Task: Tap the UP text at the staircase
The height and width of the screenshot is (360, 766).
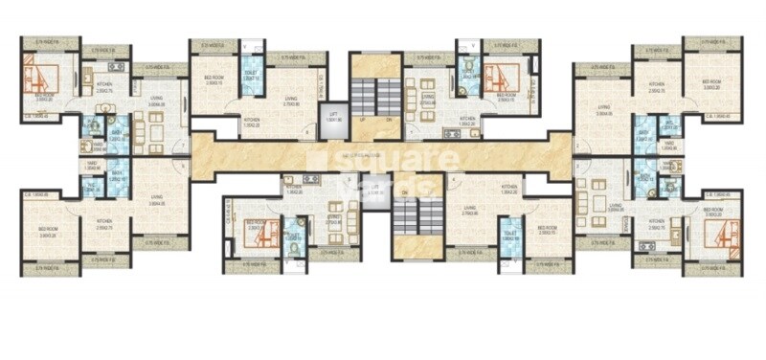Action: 363,120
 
